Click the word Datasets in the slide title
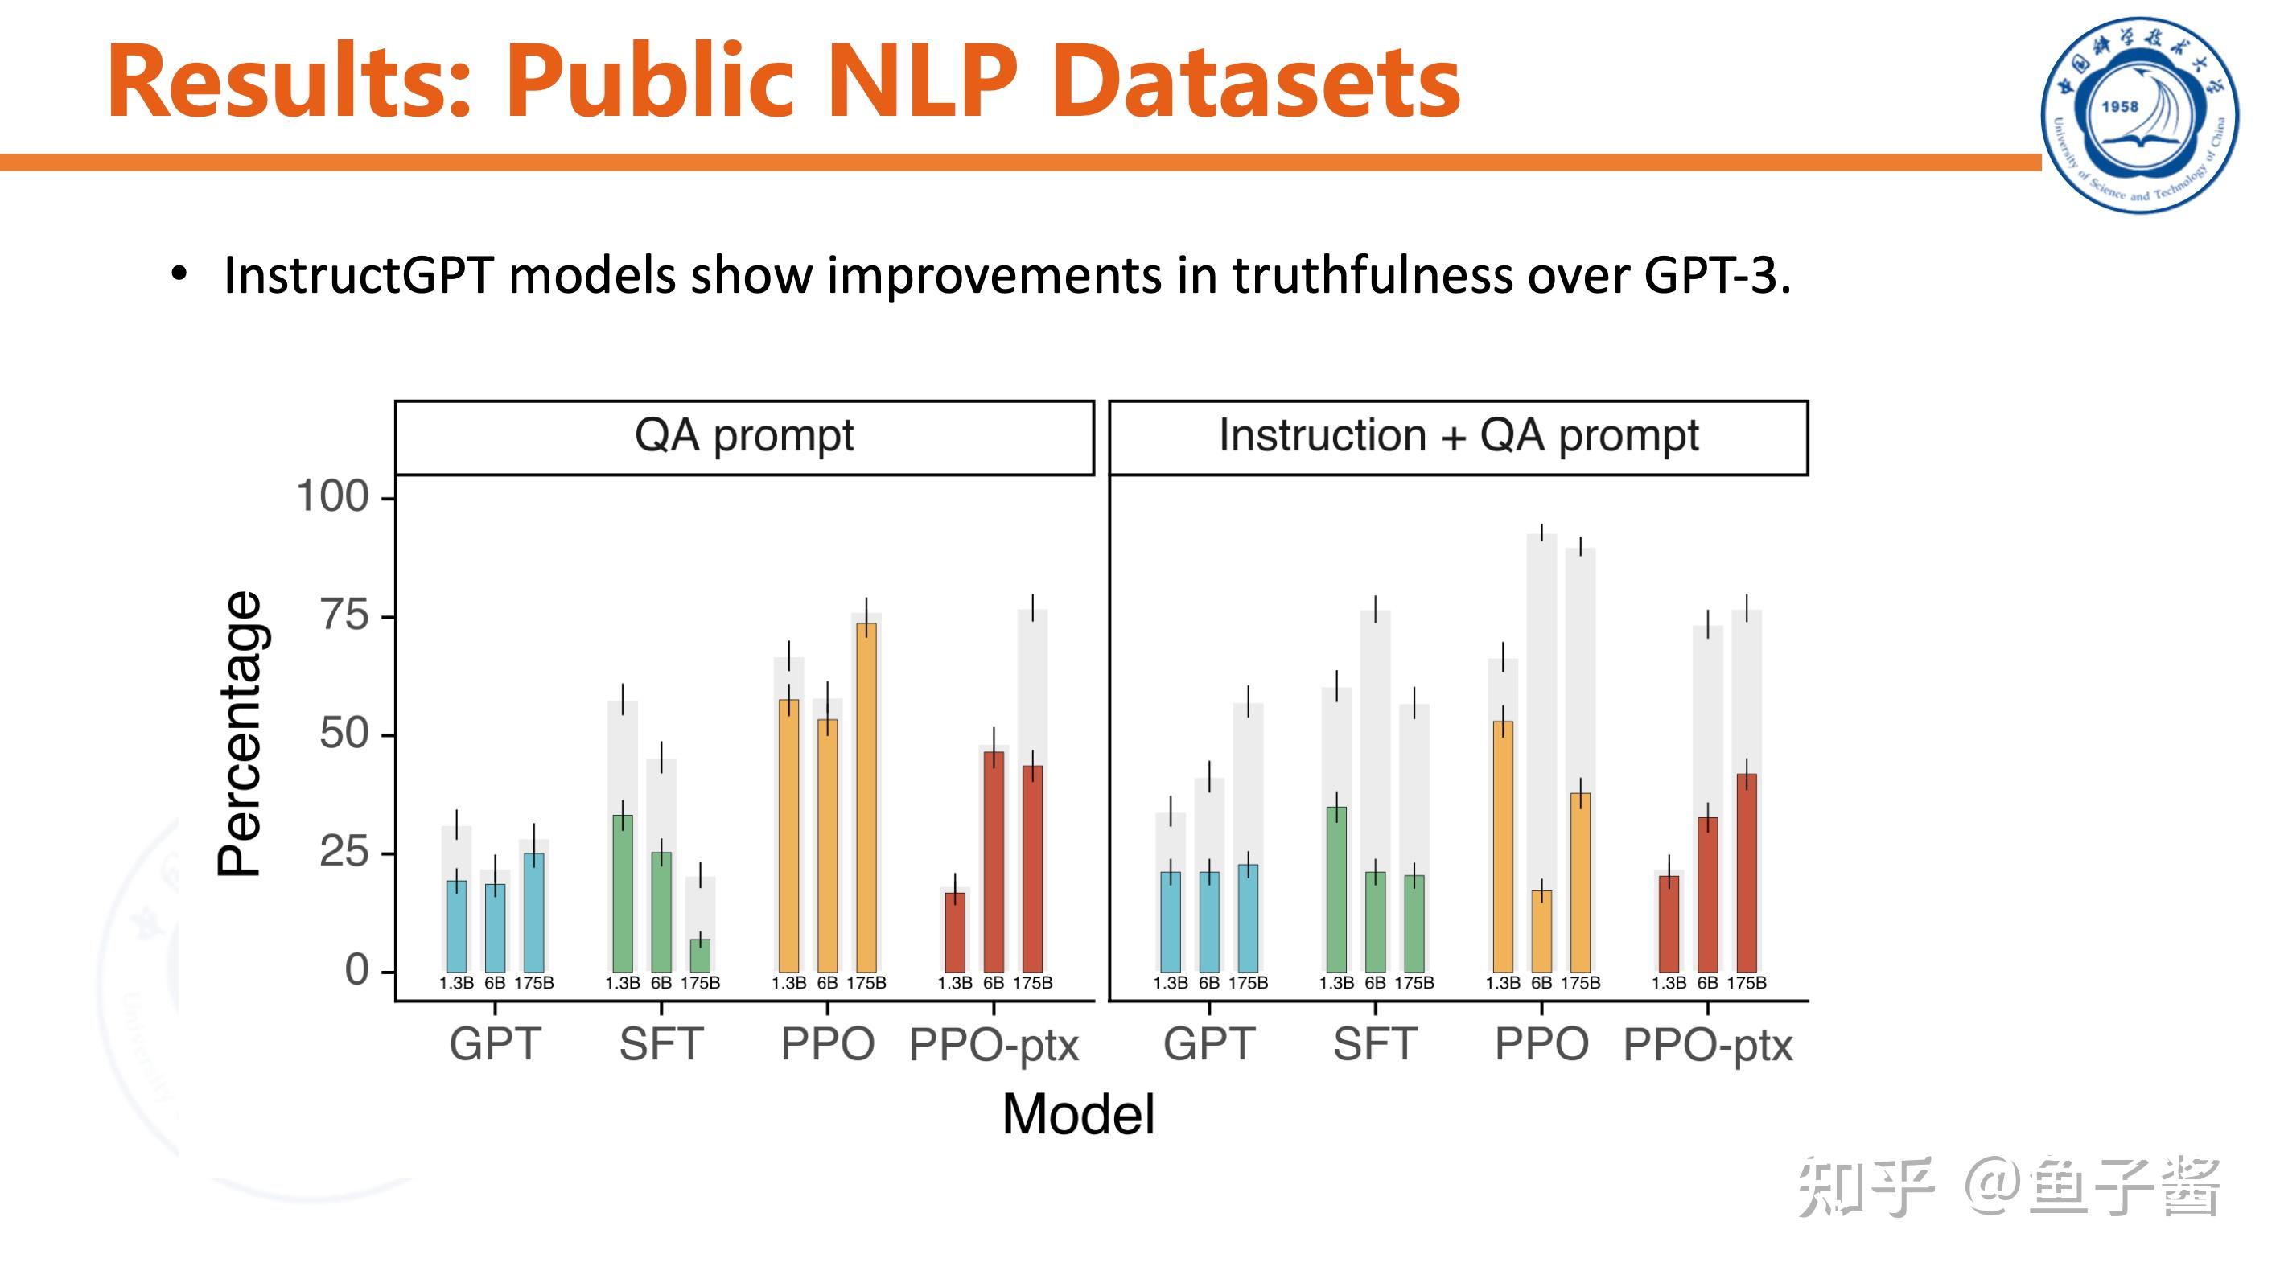(x=1257, y=81)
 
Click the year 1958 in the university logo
(x=2119, y=106)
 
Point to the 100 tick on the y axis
(x=333, y=496)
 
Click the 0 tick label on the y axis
(x=356, y=970)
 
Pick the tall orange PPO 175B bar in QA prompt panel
(x=866, y=796)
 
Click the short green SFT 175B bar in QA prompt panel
(x=699, y=956)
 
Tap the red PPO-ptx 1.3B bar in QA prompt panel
(x=955, y=932)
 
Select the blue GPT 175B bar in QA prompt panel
(x=533, y=911)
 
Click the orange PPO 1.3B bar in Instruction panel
(x=1502, y=846)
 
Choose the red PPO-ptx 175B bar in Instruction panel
(x=1746, y=873)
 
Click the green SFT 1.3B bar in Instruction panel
(x=1335, y=889)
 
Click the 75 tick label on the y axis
(x=344, y=615)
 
